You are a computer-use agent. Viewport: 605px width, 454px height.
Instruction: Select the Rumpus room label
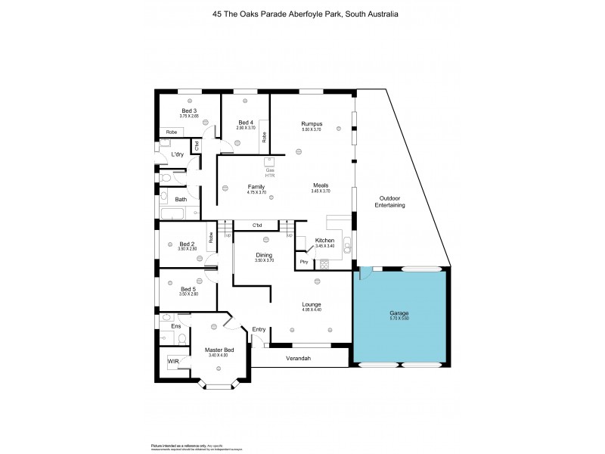point(312,124)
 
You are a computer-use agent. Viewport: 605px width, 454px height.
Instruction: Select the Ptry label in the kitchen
point(303,262)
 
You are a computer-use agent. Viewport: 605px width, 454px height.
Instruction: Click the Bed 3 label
point(188,110)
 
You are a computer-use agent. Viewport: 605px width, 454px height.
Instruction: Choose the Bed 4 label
point(245,123)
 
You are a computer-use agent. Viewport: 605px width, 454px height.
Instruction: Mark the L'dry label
point(178,154)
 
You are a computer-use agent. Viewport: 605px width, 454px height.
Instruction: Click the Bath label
point(181,200)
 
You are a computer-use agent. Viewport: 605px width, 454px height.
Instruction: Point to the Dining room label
point(264,255)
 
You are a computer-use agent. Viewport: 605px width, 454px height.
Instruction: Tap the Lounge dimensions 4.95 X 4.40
point(312,309)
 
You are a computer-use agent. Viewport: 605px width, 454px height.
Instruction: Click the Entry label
point(259,329)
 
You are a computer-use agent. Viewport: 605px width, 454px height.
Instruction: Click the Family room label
point(256,186)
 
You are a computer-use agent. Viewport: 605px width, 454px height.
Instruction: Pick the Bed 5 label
point(188,288)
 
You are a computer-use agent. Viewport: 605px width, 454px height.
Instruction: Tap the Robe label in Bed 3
point(172,132)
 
